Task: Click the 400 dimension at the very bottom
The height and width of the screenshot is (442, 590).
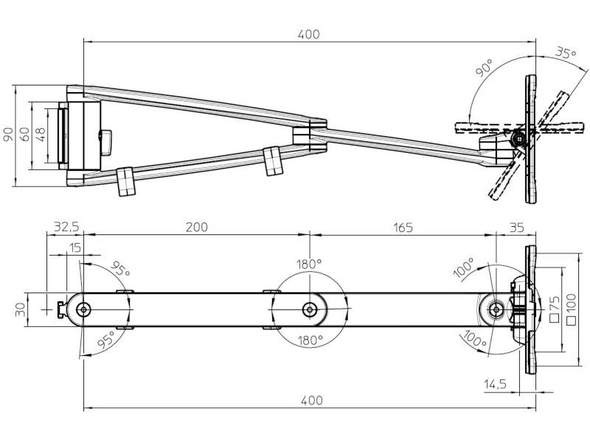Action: click(311, 400)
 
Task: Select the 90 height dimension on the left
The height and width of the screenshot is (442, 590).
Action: click(8, 135)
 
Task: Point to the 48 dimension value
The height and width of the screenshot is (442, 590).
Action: click(41, 134)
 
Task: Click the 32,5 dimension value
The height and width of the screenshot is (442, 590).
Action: click(65, 226)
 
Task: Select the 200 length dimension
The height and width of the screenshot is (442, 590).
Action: click(196, 226)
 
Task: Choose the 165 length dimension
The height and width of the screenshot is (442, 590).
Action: click(403, 226)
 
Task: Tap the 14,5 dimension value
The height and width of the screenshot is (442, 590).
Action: click(496, 384)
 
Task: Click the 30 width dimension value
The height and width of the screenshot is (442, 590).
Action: click(20, 309)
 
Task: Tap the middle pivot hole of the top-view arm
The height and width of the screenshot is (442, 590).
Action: click(309, 309)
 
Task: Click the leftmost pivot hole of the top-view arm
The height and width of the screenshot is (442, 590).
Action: click(84, 309)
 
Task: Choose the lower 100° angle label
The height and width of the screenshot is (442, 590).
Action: click(476, 339)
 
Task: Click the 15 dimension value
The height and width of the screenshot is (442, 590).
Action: click(74, 248)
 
